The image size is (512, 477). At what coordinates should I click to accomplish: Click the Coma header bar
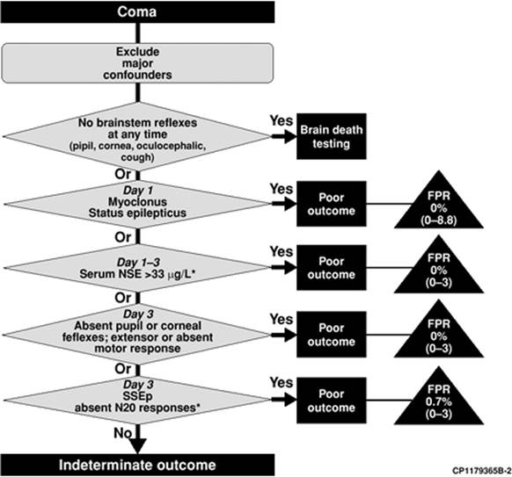point(137,11)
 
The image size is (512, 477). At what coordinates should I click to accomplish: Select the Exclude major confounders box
point(137,63)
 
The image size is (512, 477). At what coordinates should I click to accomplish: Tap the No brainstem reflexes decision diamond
point(137,137)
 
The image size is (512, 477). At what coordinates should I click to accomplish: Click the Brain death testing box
point(331,136)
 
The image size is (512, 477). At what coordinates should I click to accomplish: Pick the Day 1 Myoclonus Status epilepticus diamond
point(137,204)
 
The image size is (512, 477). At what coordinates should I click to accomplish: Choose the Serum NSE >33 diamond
point(137,268)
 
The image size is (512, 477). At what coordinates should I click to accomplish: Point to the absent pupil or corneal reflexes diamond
point(137,334)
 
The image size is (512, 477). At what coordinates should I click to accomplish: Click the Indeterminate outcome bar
point(137,465)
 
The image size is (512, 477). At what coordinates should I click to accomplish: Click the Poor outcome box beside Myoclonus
point(331,204)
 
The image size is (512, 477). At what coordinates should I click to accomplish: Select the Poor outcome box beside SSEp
point(331,401)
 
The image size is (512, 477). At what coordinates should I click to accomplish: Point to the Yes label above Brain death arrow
point(282,120)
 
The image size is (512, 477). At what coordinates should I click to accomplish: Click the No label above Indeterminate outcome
point(123,433)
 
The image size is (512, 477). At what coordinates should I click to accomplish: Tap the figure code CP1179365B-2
point(481,471)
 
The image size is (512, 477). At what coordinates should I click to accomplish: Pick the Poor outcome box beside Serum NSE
point(331,268)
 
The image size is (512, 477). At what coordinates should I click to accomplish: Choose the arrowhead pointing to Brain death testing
point(289,136)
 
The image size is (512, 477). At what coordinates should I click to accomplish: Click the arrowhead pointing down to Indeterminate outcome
point(137,446)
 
